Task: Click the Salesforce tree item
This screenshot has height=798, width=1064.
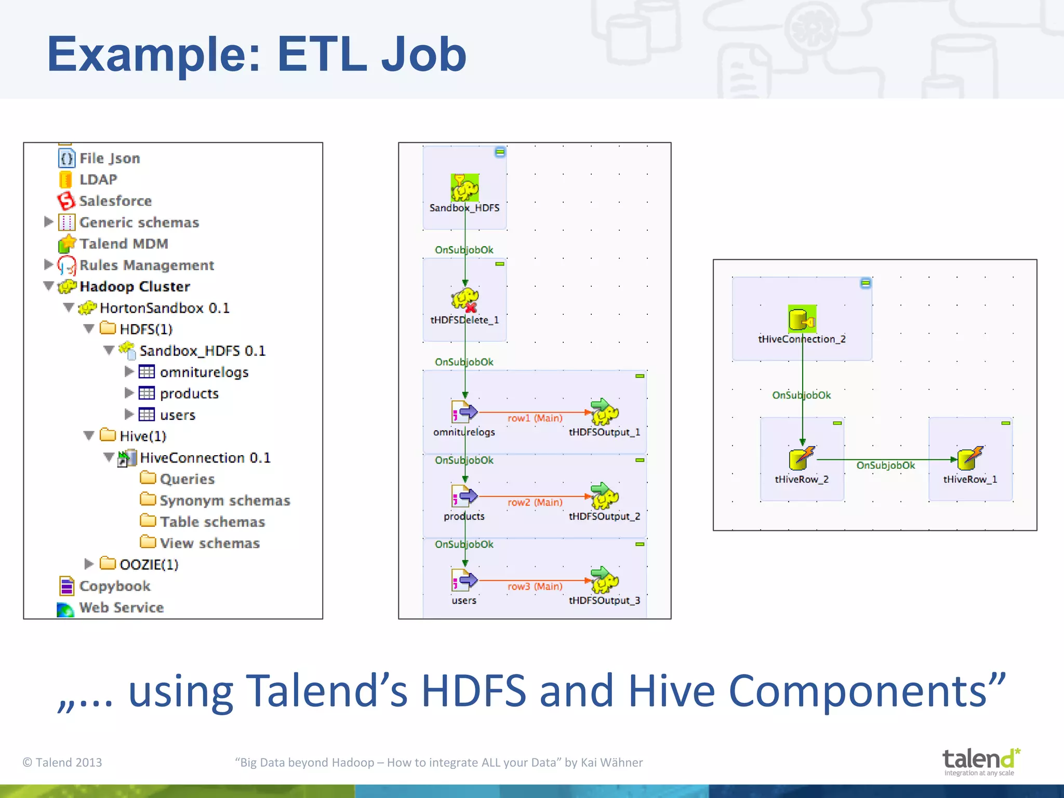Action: pos(115,201)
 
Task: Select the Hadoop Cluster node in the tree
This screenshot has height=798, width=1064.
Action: pos(134,287)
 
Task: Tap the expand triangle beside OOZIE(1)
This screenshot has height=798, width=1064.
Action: pos(89,564)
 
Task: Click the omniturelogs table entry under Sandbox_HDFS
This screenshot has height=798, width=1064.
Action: pos(204,373)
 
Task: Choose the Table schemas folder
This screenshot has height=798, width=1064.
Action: pos(212,522)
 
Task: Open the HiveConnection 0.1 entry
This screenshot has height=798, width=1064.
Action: pos(205,458)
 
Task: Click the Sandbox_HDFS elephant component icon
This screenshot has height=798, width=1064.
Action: pos(464,188)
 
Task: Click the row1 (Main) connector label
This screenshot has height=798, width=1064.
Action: pos(535,418)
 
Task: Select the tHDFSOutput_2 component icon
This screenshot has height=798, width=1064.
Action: pos(604,496)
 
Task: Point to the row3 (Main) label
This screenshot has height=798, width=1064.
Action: pos(535,587)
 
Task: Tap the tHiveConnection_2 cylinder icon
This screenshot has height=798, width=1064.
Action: pos(802,319)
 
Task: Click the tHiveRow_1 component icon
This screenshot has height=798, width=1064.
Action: pos(970,458)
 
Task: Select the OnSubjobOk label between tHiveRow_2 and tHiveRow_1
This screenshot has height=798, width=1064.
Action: pos(885,465)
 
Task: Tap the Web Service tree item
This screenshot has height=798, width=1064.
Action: pos(121,608)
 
